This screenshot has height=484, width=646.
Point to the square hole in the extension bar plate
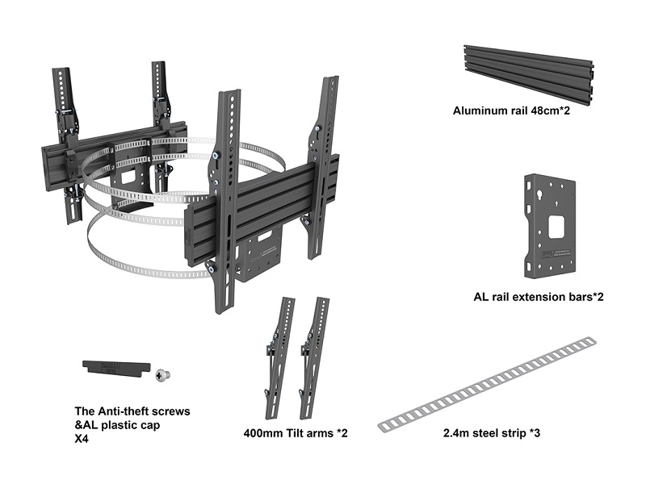click(x=556, y=226)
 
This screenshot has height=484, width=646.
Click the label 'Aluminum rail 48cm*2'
click(x=512, y=111)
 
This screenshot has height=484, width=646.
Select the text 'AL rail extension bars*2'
click(x=539, y=297)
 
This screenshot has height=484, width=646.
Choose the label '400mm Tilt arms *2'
click(x=295, y=433)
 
